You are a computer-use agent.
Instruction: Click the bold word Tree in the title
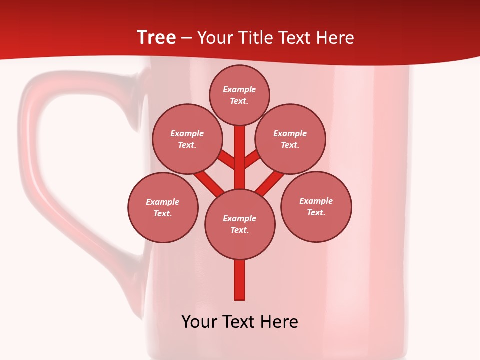click(x=156, y=37)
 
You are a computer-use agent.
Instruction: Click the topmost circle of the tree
click(x=239, y=95)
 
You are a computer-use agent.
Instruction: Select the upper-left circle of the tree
click(x=187, y=139)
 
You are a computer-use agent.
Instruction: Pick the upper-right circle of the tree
click(x=290, y=139)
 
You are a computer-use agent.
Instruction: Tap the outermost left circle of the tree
click(x=163, y=207)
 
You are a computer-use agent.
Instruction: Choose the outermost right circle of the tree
click(x=316, y=206)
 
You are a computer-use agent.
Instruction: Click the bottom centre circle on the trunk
click(x=240, y=224)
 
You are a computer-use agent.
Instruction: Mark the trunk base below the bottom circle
click(x=240, y=280)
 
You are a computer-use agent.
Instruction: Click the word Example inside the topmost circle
click(x=239, y=89)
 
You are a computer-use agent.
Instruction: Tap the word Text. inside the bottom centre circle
click(x=239, y=230)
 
